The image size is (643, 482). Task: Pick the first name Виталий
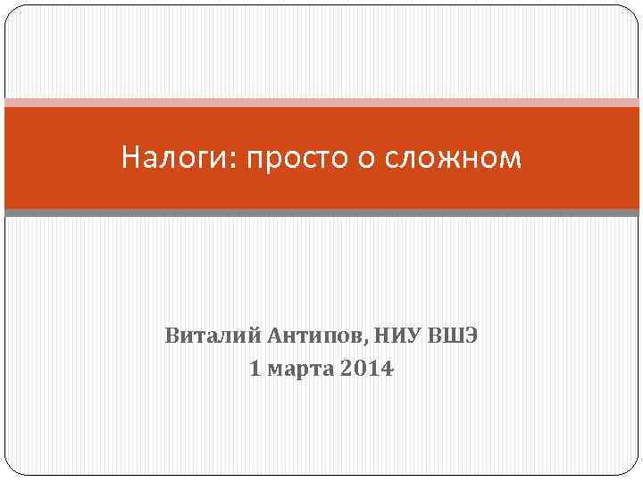(211, 337)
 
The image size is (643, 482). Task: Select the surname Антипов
(313, 337)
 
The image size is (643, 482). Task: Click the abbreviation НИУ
(394, 337)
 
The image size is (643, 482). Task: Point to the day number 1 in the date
(255, 368)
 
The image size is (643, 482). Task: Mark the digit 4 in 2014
(386, 368)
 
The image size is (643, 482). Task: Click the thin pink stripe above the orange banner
(321, 103)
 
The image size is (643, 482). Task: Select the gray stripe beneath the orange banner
(321, 212)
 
